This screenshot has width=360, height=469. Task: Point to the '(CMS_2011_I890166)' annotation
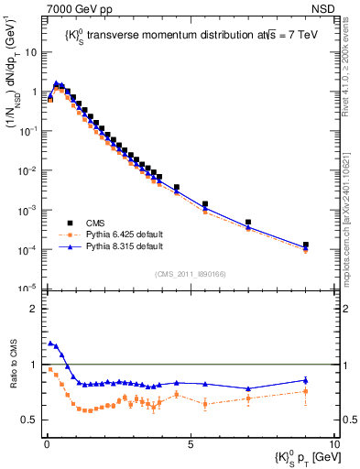(x=183, y=274)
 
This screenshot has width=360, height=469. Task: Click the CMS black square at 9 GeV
(x=305, y=245)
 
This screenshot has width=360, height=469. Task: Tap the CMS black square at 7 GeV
(x=248, y=222)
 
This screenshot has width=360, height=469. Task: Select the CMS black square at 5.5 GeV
(x=205, y=204)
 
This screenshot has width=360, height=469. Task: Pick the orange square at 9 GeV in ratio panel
(x=305, y=391)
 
